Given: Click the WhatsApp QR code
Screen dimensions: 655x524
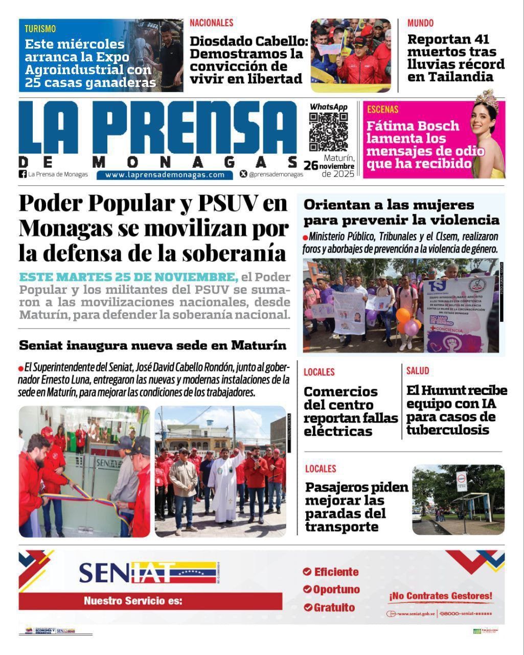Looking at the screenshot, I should pos(328,132).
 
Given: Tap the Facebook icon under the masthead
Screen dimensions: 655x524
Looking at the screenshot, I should pos(22,174).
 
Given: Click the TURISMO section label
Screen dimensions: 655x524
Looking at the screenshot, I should pos(40,29).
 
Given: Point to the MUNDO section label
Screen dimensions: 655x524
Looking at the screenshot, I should pos(420,23).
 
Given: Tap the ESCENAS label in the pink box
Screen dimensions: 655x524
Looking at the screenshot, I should pos(382,109).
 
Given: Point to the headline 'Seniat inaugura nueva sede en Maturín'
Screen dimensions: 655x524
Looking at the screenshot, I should pos(153,345).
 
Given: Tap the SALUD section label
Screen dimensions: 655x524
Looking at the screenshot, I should pos(418,371).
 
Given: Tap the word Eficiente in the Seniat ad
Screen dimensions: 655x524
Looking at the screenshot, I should pos(336,572).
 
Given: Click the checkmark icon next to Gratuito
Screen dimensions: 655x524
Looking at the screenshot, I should pos(307,607).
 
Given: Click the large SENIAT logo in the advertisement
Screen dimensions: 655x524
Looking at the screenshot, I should pos(147,573).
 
